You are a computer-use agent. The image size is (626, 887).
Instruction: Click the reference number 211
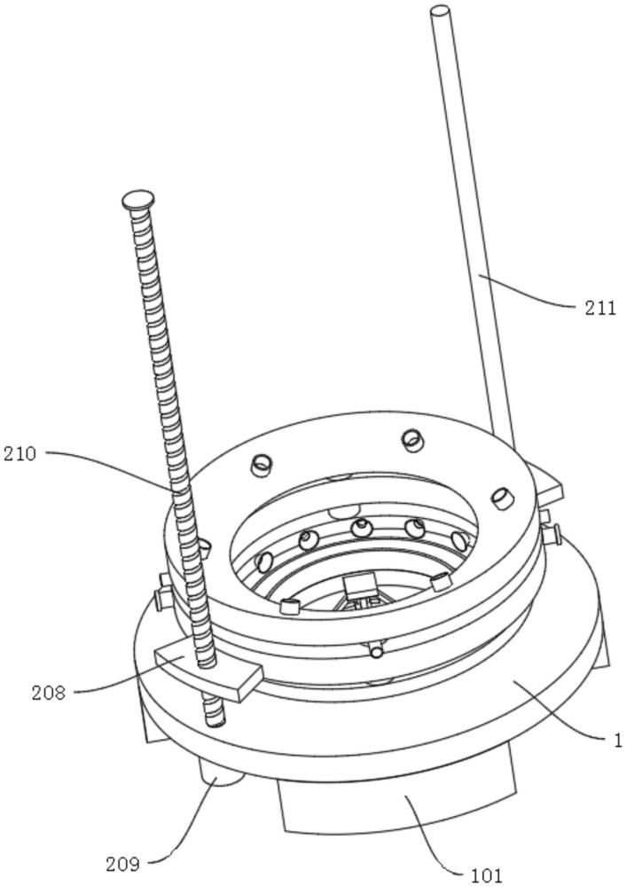[x=600, y=308]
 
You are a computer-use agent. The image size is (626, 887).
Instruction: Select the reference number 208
[x=48, y=692]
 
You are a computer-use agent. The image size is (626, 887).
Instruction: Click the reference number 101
[x=484, y=875]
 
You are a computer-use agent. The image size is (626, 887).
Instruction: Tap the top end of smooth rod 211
[x=440, y=12]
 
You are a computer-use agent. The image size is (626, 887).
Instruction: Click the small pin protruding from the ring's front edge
[x=376, y=652]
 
